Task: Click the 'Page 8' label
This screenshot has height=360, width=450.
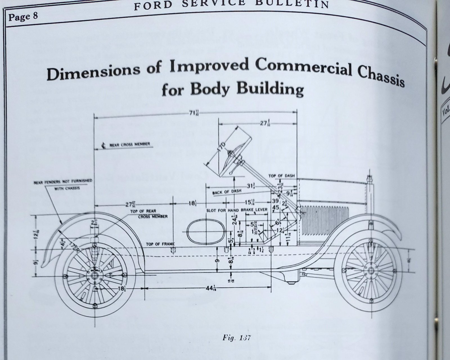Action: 23,17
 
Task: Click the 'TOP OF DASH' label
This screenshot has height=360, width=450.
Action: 282,176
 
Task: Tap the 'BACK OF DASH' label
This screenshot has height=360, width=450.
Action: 227,192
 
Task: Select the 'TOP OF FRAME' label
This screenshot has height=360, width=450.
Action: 160,244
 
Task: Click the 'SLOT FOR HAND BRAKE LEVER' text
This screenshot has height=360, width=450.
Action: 237,210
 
